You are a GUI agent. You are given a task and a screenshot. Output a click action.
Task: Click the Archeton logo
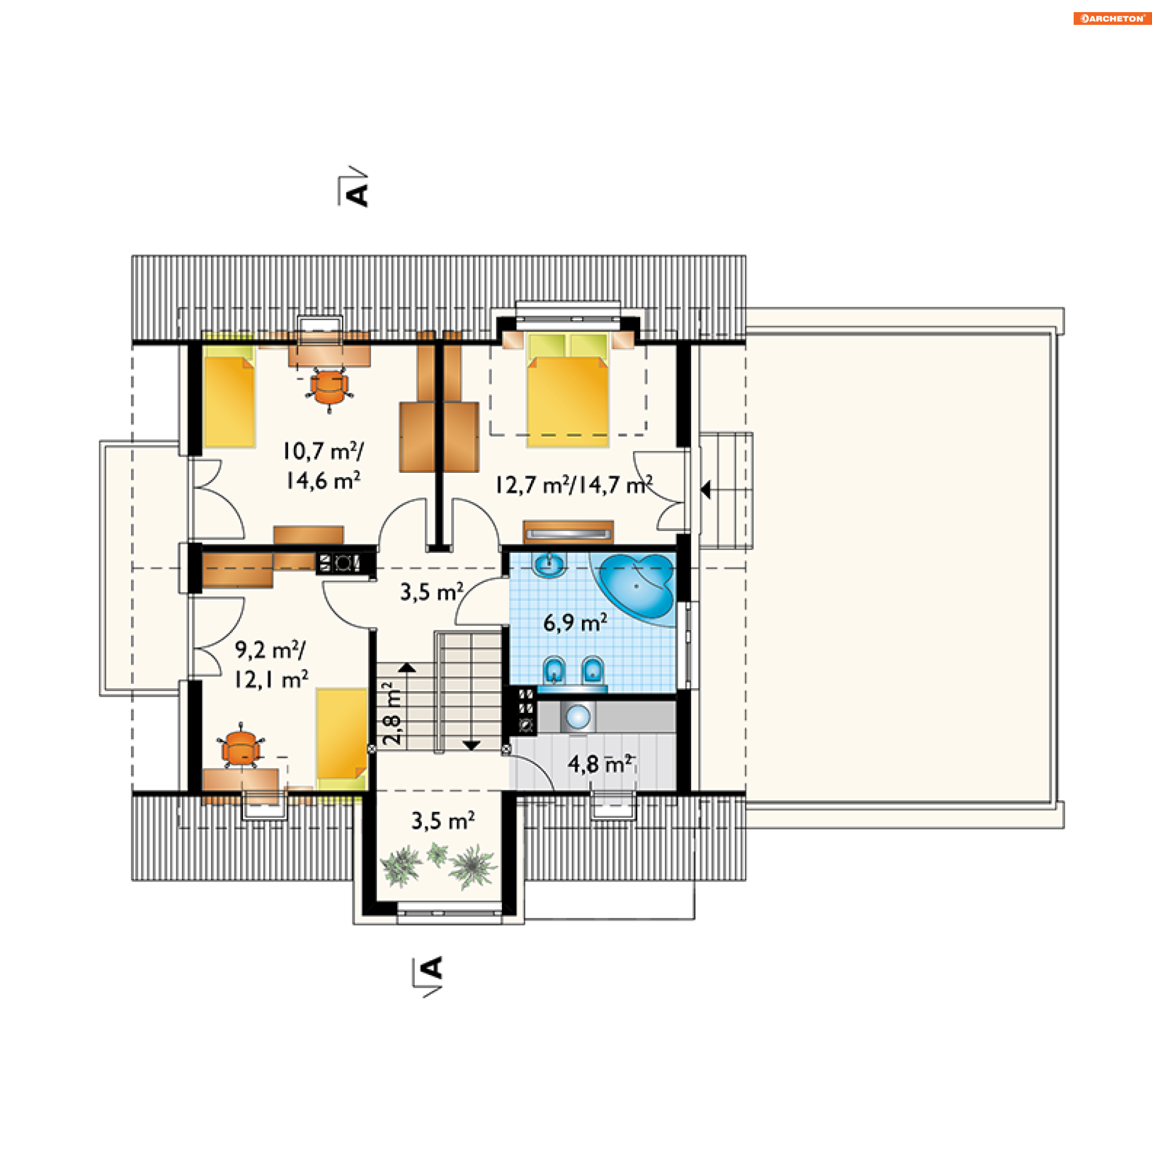pos(1112,18)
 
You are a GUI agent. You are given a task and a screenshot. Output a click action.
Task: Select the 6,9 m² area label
pos(575,622)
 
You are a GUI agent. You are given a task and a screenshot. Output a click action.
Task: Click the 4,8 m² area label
pos(601,763)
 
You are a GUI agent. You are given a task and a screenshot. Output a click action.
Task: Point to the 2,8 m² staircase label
pos(392,714)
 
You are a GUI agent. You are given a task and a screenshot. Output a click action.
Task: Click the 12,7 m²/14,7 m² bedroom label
pos(574,484)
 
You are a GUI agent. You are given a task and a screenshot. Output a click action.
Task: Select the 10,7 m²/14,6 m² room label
pos(324,466)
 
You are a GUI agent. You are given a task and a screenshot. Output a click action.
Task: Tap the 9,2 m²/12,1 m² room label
pos(272,664)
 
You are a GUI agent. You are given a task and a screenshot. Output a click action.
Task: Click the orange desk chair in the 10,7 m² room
pos(329,389)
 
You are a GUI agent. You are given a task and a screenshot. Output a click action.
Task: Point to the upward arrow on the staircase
pos(407,667)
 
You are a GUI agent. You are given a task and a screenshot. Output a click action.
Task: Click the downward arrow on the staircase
pos(471,745)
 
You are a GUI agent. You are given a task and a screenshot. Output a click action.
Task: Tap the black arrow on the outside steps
pos(706,489)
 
